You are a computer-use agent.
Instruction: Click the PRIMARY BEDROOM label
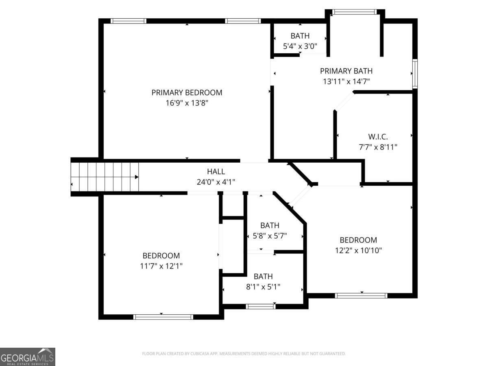click(x=187, y=92)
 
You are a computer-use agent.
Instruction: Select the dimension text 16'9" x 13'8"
click(x=187, y=103)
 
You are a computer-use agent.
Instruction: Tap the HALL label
click(x=216, y=172)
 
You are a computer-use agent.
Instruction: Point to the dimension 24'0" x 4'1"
click(x=216, y=182)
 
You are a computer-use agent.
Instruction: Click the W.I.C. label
click(x=378, y=136)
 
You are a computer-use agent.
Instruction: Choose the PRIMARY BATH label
click(x=346, y=71)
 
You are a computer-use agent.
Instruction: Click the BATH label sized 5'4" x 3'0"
click(x=300, y=36)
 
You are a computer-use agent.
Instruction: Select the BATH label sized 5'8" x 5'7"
click(x=270, y=225)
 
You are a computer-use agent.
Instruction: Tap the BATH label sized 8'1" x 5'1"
click(x=263, y=276)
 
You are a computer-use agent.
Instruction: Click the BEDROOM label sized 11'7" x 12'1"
click(x=161, y=255)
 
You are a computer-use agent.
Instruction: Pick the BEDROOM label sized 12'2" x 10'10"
click(x=358, y=240)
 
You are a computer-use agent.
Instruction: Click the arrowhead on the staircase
click(x=137, y=177)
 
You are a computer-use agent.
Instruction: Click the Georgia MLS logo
click(x=27, y=357)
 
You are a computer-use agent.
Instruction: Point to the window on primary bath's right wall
click(x=415, y=74)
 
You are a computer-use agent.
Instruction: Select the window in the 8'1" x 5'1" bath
click(x=261, y=306)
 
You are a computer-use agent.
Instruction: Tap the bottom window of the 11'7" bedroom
click(x=163, y=317)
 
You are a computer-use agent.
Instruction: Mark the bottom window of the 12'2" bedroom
click(x=361, y=296)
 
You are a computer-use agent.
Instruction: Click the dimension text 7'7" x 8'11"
click(x=378, y=147)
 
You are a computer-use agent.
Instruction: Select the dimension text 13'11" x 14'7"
click(x=346, y=82)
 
